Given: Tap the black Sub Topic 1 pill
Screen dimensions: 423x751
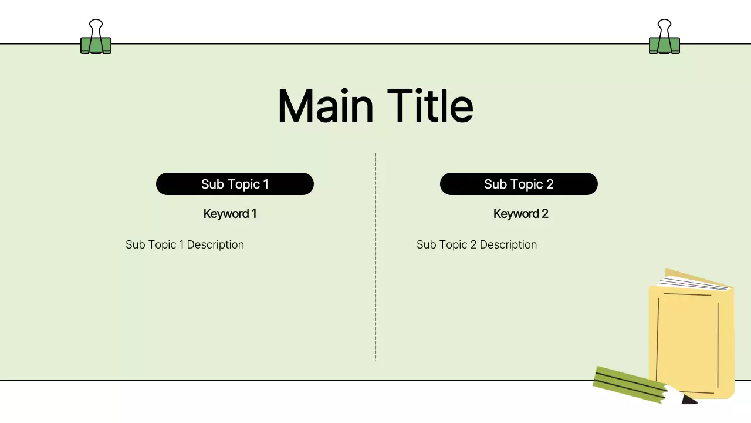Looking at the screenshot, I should (x=235, y=184).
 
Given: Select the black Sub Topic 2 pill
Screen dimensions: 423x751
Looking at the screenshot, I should (x=519, y=184).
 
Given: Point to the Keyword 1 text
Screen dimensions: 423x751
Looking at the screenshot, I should (x=229, y=214).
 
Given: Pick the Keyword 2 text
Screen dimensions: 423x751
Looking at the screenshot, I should (x=520, y=214).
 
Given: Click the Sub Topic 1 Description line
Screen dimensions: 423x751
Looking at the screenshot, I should (x=184, y=244).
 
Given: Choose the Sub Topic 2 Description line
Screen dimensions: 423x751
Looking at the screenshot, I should (x=476, y=244).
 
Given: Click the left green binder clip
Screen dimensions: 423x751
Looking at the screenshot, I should (x=96, y=45).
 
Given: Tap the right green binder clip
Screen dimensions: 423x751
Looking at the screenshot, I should (x=664, y=45).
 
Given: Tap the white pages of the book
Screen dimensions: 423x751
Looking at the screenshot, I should (x=695, y=281).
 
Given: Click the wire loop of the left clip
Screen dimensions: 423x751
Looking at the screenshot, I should (x=96, y=26).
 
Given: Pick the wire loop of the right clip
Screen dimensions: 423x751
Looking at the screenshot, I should (x=664, y=26).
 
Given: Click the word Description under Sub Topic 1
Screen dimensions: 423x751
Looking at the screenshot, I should (x=215, y=244).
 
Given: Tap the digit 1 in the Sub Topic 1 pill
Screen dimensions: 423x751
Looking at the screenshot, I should (x=266, y=184).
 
